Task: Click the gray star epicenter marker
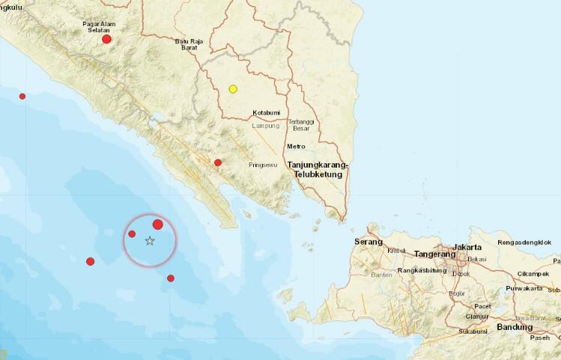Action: [150, 240]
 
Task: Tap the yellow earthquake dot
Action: [233, 89]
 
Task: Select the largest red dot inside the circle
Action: [158, 225]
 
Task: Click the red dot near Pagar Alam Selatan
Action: [107, 39]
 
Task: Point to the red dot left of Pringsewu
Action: [218, 162]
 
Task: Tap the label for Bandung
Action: [515, 327]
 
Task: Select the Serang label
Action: [369, 242]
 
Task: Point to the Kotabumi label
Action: [267, 112]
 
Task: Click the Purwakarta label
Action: [523, 288]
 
